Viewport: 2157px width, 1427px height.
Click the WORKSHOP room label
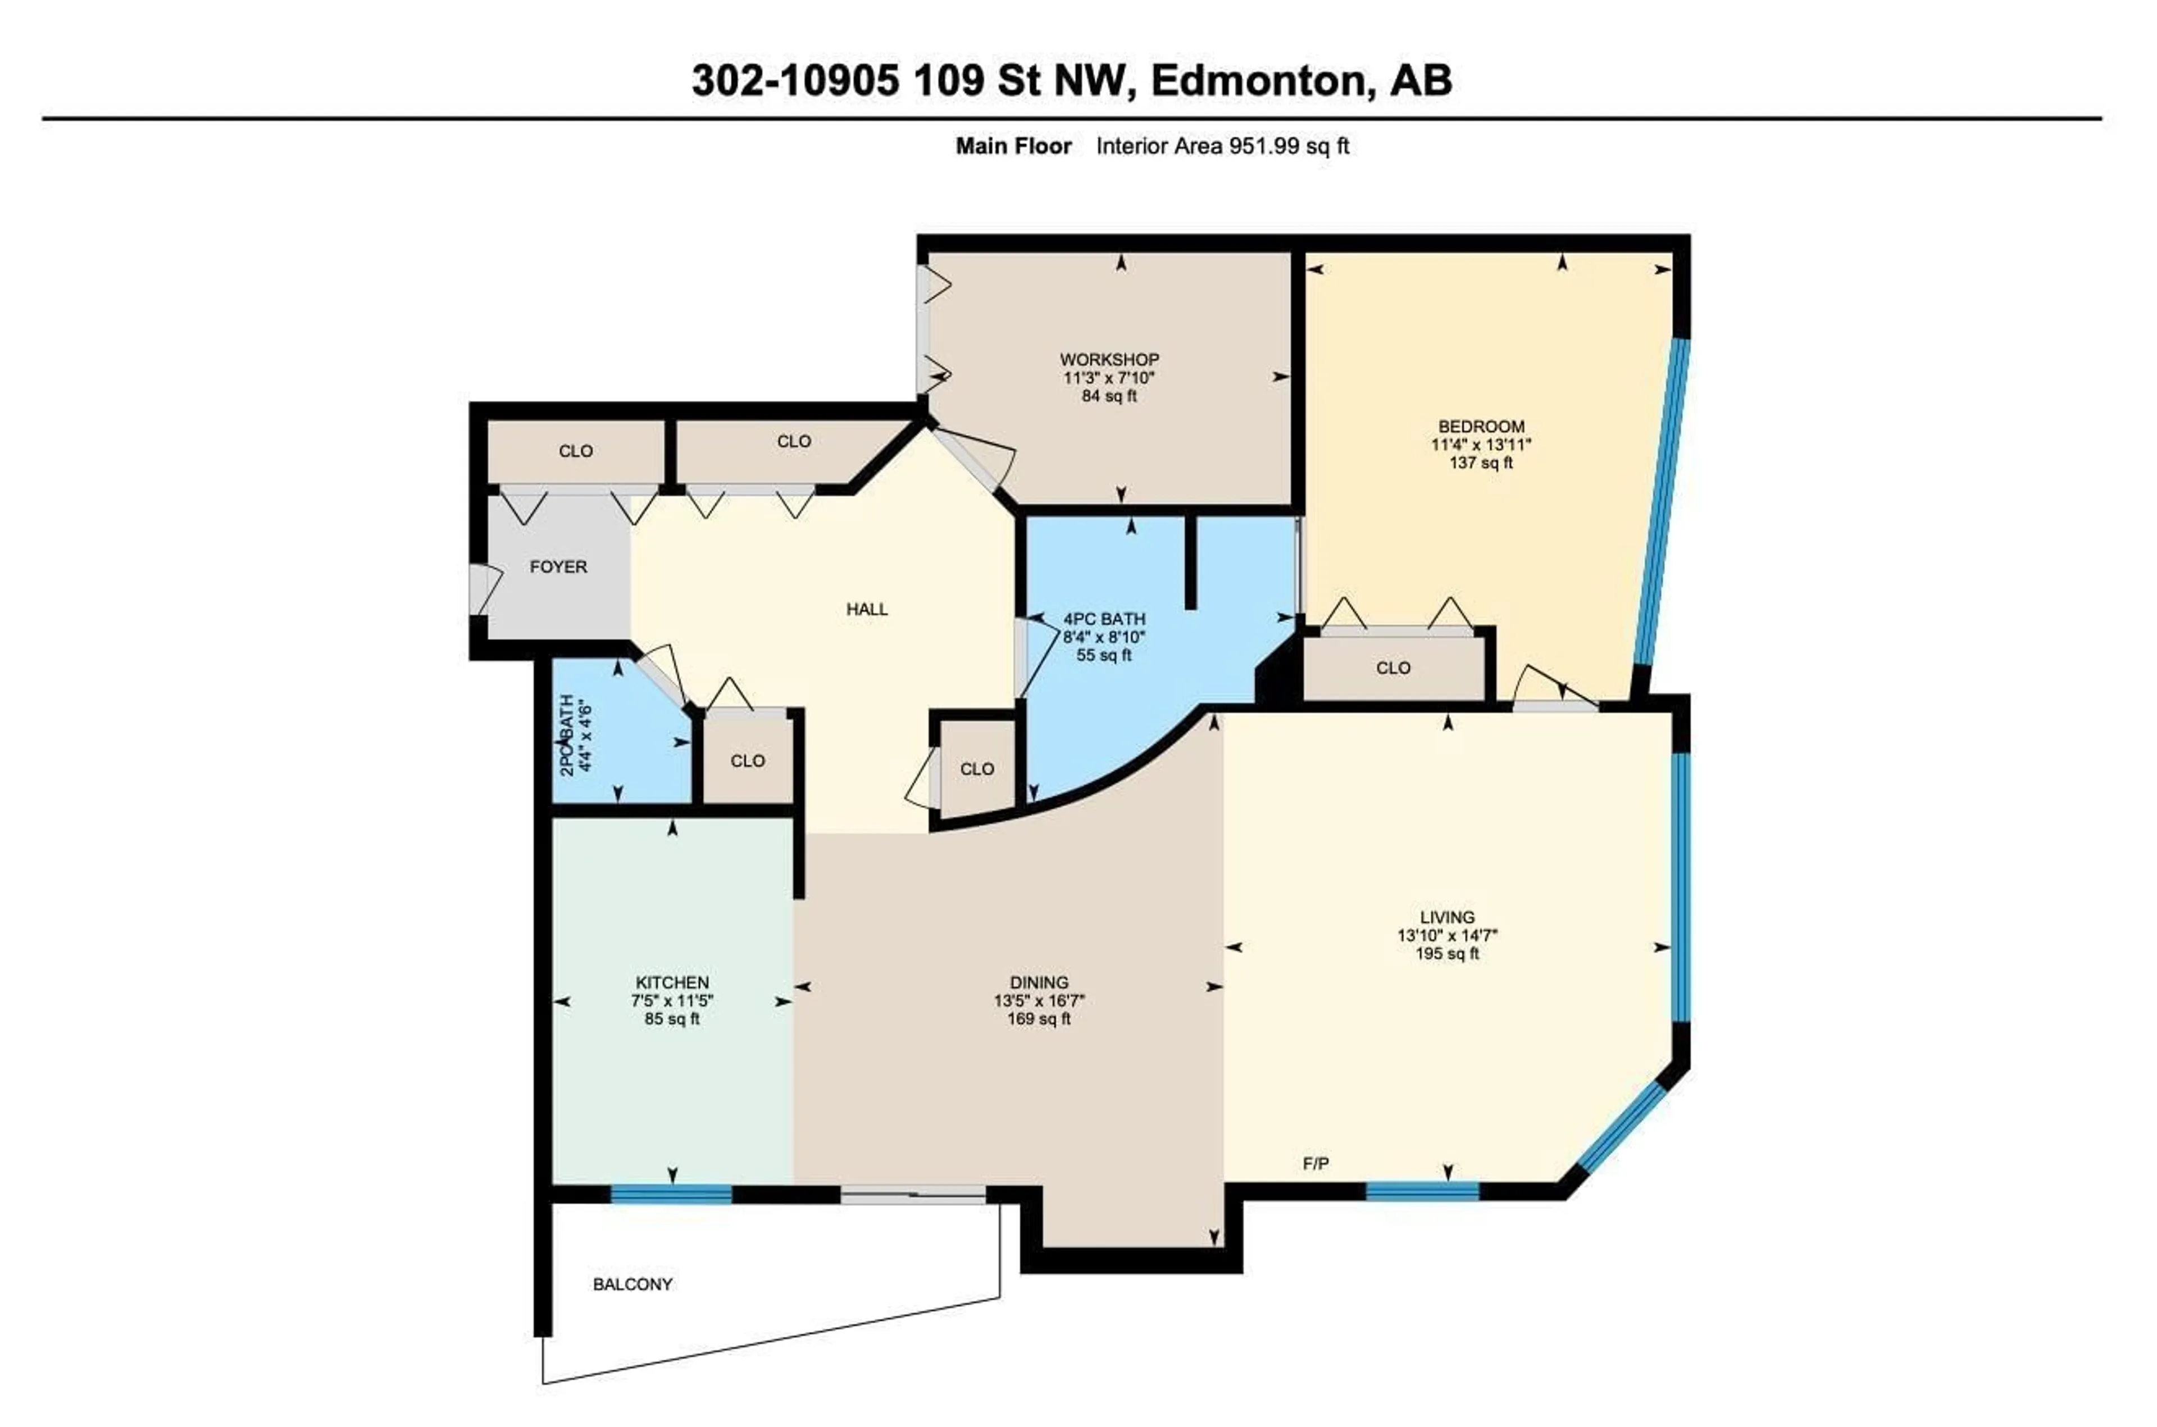(x=1108, y=359)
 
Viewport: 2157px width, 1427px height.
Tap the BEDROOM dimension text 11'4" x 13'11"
(x=1481, y=444)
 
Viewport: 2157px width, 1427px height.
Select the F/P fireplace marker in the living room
(x=1315, y=1163)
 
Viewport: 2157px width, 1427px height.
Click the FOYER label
(x=558, y=566)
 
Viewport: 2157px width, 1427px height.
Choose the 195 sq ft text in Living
(x=1447, y=954)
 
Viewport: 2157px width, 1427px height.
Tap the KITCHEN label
(x=672, y=982)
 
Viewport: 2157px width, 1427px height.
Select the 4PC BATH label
(x=1104, y=619)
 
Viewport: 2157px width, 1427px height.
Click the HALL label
(x=866, y=609)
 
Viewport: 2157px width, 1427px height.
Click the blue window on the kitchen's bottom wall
(x=671, y=1194)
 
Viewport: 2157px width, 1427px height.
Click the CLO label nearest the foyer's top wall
(x=575, y=450)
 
